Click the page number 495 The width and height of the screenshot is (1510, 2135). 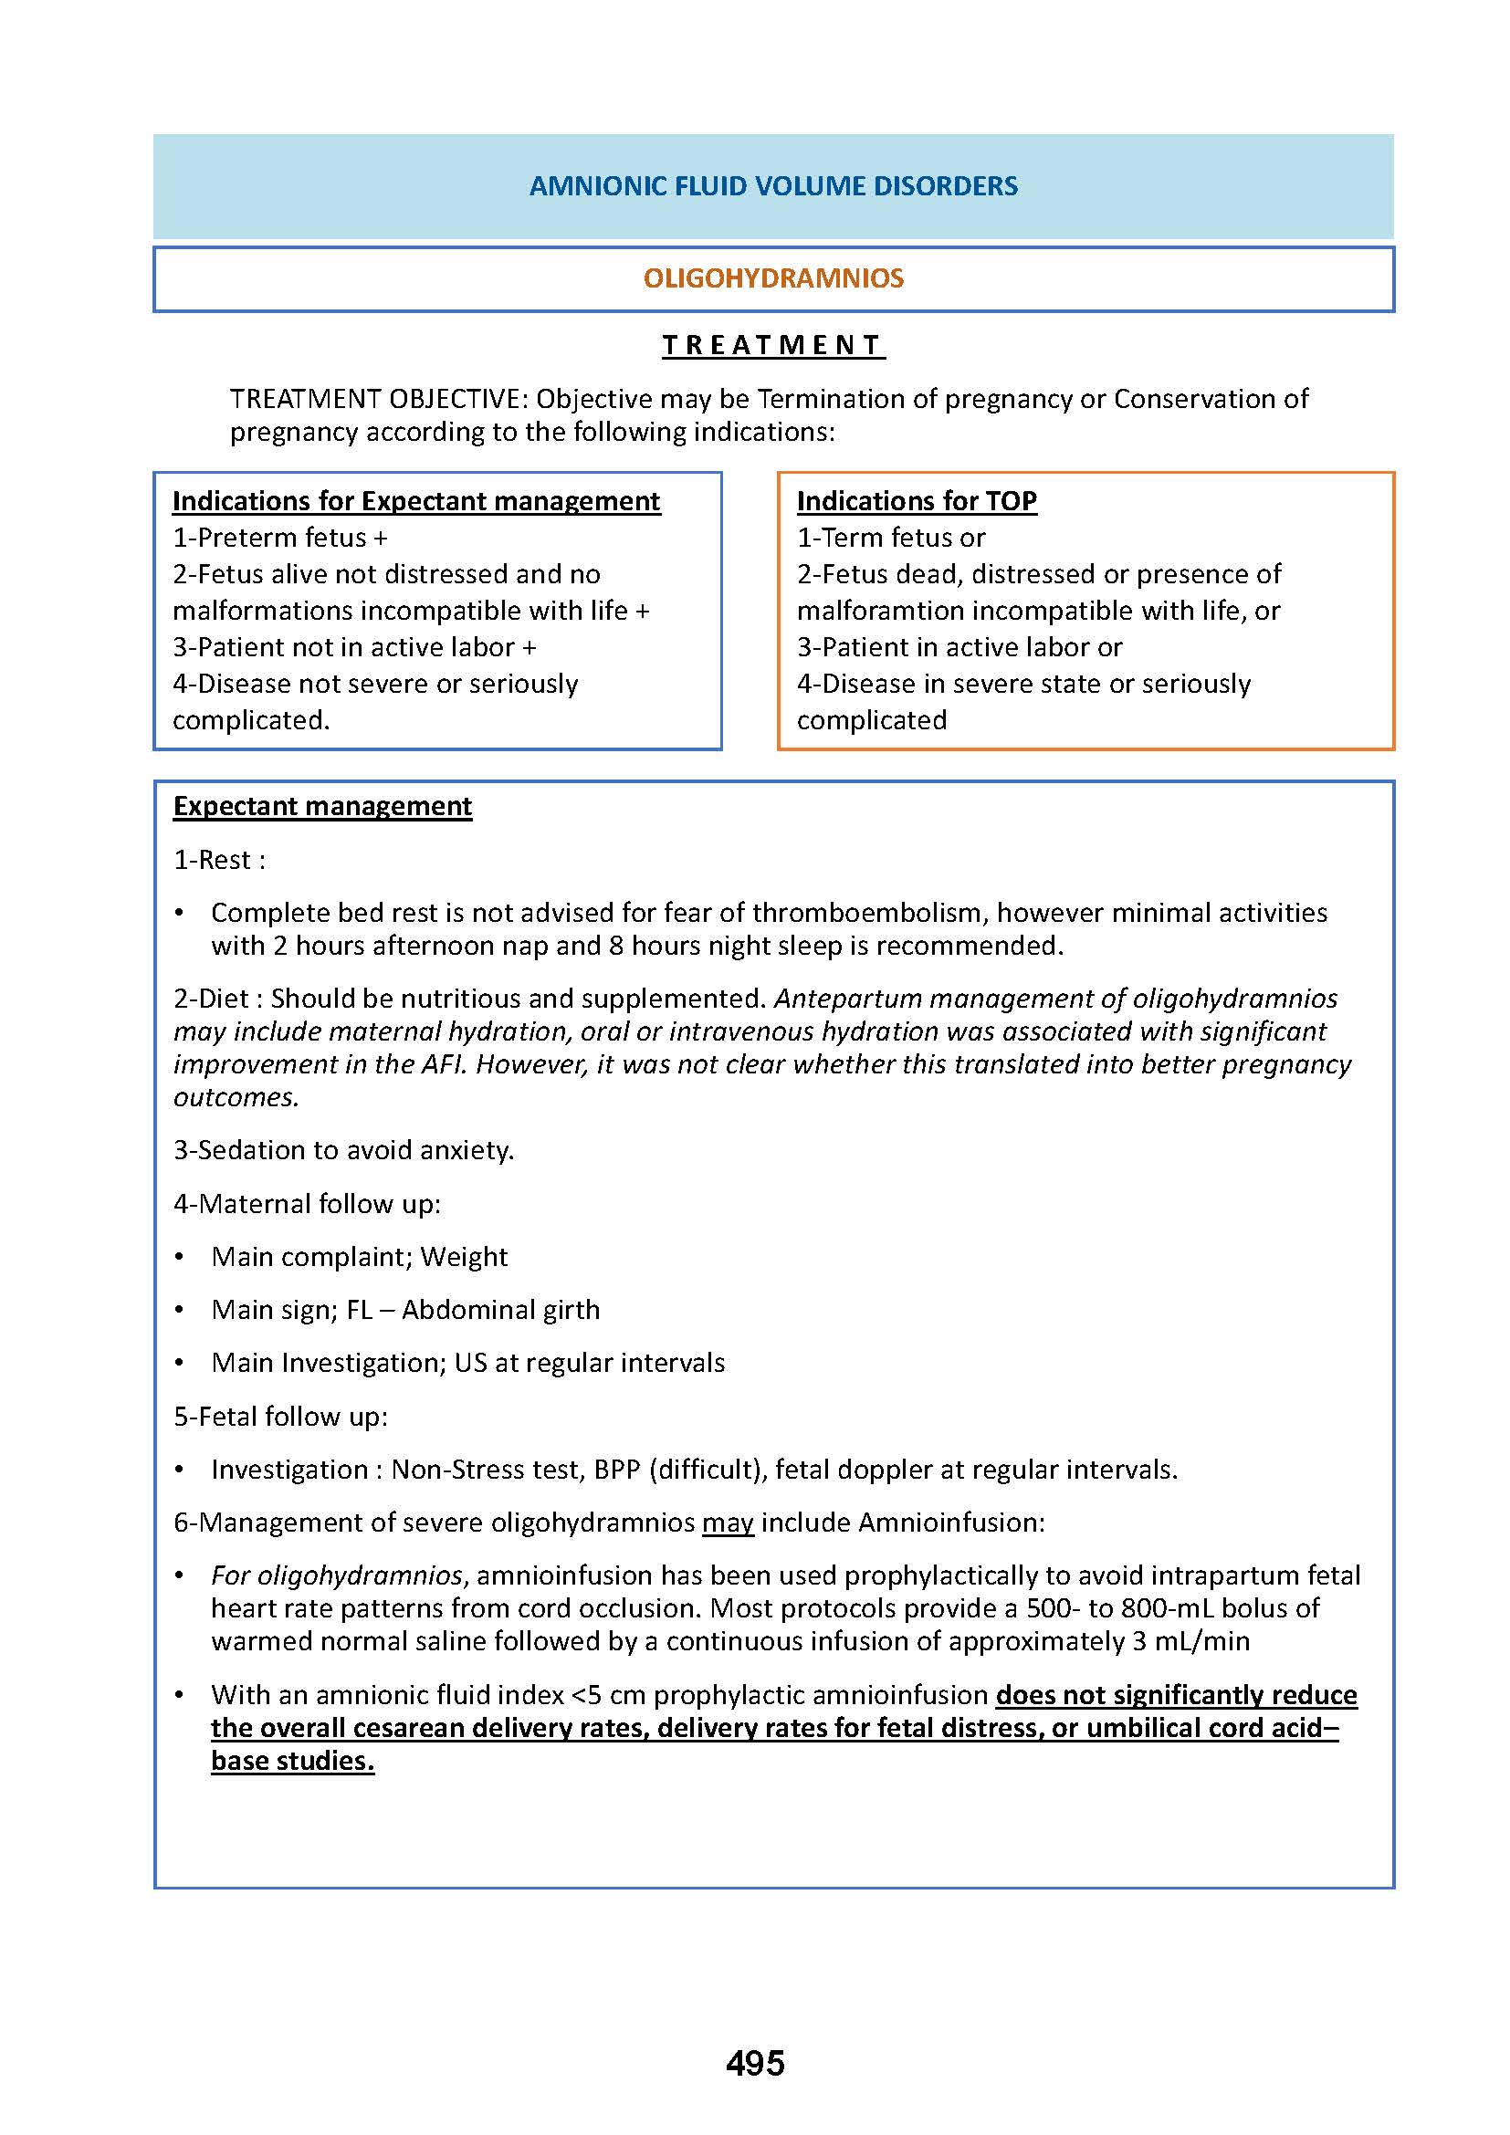point(755,2064)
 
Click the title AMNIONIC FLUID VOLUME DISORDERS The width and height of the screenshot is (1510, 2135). point(772,186)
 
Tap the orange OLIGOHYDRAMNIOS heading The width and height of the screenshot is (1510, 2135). point(772,278)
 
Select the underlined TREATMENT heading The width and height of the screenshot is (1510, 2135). point(772,345)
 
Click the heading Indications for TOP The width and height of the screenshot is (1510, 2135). point(916,501)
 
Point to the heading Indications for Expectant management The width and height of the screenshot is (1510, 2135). point(415,501)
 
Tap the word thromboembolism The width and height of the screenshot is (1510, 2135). point(869,912)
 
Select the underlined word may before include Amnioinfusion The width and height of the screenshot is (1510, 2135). point(727,1523)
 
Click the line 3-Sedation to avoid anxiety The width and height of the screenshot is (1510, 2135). point(343,1150)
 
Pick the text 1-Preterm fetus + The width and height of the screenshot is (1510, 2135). point(280,538)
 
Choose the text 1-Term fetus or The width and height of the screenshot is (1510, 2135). point(890,538)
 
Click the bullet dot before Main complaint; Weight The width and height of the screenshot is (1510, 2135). point(180,1257)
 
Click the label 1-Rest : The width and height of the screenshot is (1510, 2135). point(219,859)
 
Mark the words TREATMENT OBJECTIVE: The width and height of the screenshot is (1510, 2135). point(379,399)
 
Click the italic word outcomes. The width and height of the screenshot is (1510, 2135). point(236,1097)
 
